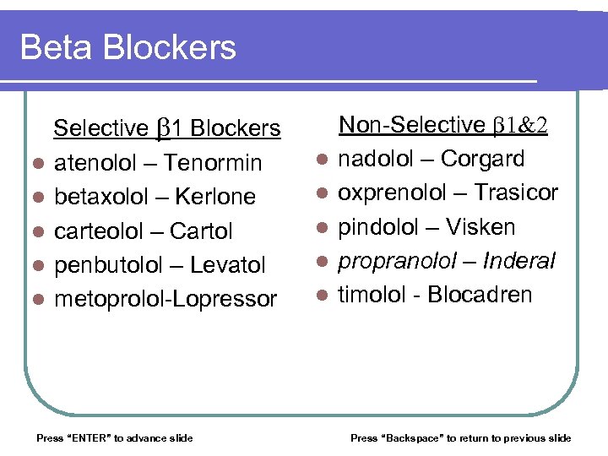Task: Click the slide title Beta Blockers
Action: (x=128, y=47)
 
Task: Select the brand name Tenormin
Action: (x=214, y=162)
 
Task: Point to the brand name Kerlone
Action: (x=216, y=197)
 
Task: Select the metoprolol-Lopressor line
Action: (x=166, y=299)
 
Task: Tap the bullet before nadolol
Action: (x=321, y=160)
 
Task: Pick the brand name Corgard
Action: (x=483, y=159)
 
